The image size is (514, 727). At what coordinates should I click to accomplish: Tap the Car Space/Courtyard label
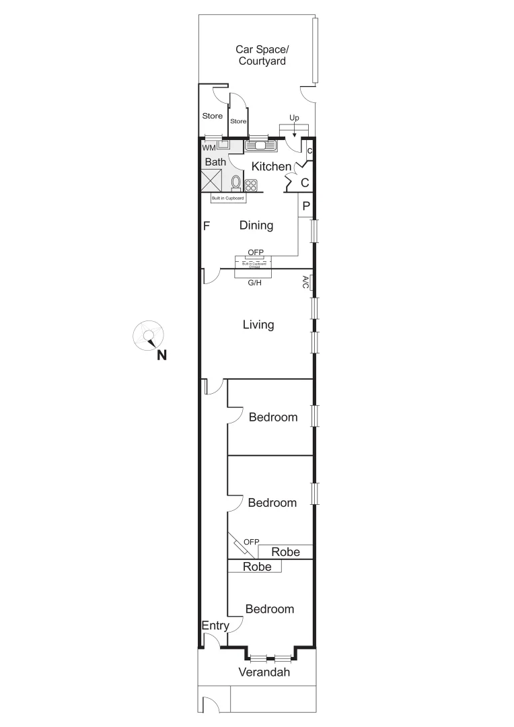[x=262, y=55]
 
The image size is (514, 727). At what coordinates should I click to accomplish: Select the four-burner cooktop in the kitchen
[x=251, y=185]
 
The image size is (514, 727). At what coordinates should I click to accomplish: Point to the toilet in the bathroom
[x=235, y=182]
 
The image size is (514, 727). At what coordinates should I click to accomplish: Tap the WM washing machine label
[x=209, y=147]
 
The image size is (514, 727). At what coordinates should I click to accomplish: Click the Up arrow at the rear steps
[x=294, y=128]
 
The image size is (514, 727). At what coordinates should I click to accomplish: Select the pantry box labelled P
[x=305, y=206]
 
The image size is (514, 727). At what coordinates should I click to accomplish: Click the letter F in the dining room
[x=207, y=226]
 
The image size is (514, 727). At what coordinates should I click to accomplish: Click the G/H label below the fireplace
[x=255, y=283]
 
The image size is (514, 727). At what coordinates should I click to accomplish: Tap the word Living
[x=258, y=324]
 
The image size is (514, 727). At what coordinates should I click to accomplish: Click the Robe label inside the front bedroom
[x=257, y=567]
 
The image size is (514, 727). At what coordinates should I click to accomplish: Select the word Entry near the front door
[x=215, y=625]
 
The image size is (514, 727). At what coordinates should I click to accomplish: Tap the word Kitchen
[x=272, y=166]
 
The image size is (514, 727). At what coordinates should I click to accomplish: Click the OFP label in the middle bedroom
[x=252, y=541]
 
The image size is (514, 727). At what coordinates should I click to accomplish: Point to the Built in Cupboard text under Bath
[x=227, y=199]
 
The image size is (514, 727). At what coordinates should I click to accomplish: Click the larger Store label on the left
[x=213, y=116]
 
